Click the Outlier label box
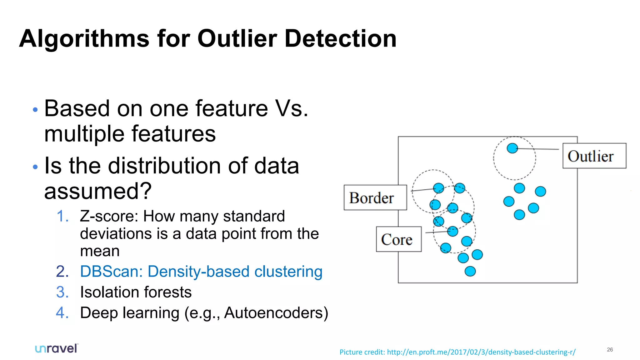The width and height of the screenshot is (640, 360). point(594,156)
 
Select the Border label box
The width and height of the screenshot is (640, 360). point(375,197)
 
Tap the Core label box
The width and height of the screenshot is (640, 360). point(398,239)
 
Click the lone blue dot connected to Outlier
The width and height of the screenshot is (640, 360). point(512,148)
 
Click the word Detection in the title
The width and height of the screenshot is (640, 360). point(340,39)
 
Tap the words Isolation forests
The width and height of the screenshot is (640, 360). point(136,292)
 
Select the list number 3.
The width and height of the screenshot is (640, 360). point(62,292)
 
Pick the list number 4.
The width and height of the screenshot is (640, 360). point(62,313)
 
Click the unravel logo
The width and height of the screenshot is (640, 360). point(56,348)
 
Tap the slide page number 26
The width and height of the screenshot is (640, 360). point(610,349)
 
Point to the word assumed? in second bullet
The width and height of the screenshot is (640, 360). point(98,191)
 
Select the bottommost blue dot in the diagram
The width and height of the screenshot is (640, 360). point(470,271)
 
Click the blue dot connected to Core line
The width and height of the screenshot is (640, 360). point(452,231)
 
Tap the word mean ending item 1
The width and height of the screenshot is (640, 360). point(100,251)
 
